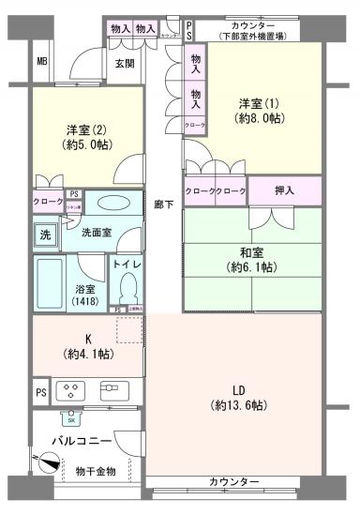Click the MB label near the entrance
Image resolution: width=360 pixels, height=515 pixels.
(41, 63)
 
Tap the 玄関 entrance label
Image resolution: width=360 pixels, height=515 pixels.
(125, 64)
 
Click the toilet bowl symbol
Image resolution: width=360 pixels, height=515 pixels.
(128, 281)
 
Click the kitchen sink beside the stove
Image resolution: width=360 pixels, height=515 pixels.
(113, 389)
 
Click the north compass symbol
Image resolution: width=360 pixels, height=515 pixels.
(47, 461)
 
